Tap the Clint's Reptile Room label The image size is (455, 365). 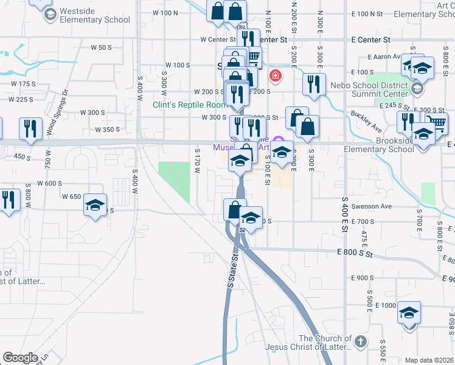pos(189,105)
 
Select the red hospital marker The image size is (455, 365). pos(275,77)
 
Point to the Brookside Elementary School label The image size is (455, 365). pos(378,149)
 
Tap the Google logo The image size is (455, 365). pos(20,358)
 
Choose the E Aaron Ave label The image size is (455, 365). pos(383,57)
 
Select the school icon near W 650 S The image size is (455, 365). pos(95,204)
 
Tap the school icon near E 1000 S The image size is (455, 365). pos(409,313)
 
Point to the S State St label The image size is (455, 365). pos(232,271)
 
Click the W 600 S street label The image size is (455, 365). pos(50,183)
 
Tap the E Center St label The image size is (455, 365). pos(370,40)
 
